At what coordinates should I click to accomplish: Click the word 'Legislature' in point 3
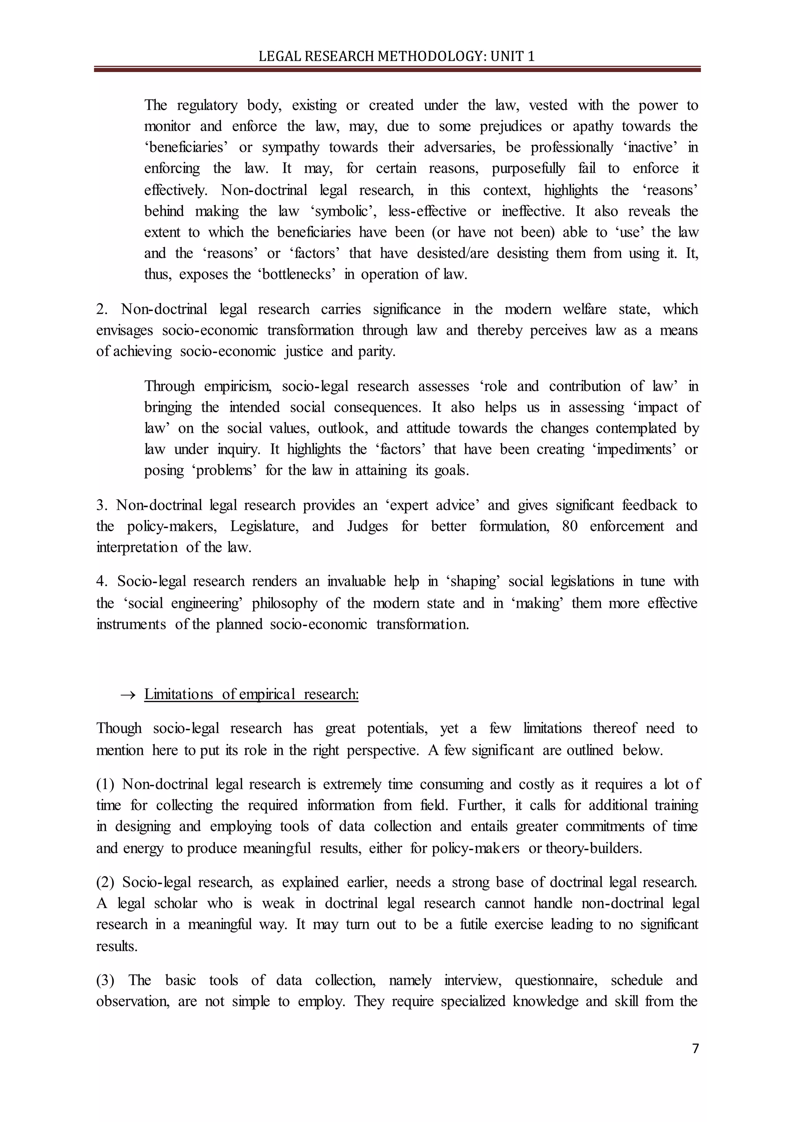click(x=264, y=526)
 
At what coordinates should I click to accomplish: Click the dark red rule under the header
click(x=397, y=70)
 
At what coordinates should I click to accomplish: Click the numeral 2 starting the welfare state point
click(x=101, y=309)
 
